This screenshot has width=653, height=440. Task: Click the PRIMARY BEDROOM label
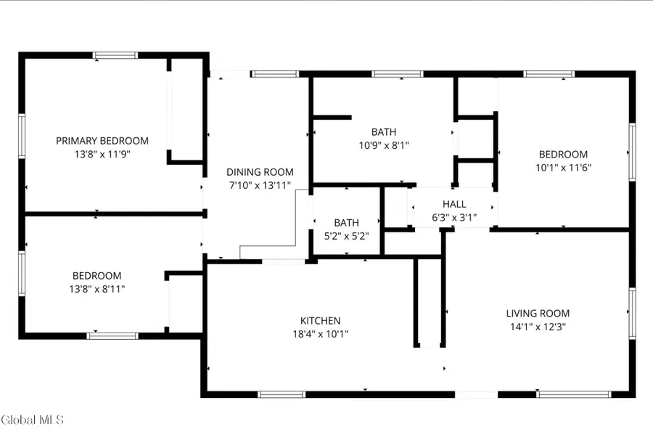point(102,141)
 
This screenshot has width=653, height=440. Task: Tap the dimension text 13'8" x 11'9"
point(102,154)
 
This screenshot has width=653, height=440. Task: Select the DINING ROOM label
point(260,172)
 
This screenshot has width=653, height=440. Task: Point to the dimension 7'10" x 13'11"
point(260,185)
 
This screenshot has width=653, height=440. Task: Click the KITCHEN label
point(320,321)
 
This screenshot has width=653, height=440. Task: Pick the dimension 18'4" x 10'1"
point(320,334)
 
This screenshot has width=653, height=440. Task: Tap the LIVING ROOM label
point(538,314)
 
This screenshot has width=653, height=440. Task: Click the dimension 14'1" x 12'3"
point(538,327)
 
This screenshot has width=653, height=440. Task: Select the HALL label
point(454,204)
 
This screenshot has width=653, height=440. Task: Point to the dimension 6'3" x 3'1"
point(454,216)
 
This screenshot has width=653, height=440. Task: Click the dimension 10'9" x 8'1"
point(384,145)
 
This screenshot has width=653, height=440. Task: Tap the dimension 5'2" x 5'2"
point(346,235)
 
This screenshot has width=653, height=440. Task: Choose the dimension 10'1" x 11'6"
point(563,167)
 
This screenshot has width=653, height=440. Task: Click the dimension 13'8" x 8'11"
point(97,289)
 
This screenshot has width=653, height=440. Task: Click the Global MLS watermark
point(33,420)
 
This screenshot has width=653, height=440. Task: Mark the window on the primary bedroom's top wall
point(115,55)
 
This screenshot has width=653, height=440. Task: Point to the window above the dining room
point(275,74)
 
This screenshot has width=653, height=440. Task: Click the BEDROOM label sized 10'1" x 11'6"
point(563,154)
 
